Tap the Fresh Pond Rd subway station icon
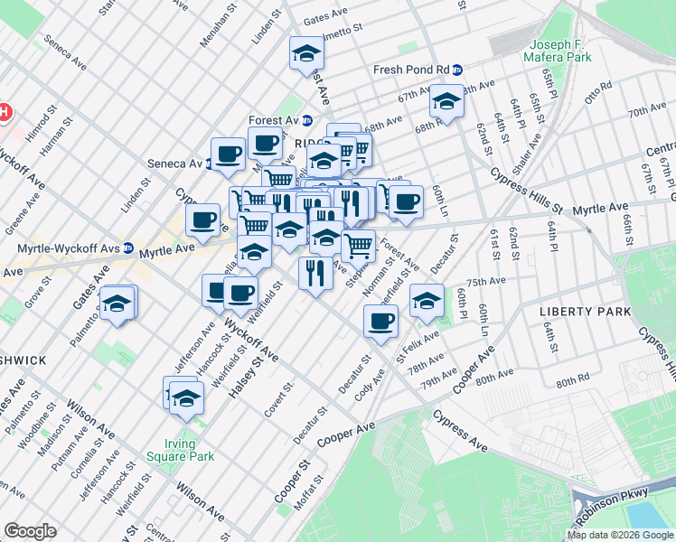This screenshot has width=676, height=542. [x=458, y=70]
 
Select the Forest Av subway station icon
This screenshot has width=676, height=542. [x=307, y=120]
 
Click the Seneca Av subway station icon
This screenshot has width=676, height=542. [x=209, y=164]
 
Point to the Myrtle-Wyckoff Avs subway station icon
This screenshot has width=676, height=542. [x=128, y=248]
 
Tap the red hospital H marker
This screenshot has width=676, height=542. [x=4, y=113]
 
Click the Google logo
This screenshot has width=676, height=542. [x=30, y=530]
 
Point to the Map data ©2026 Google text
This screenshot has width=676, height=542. [x=619, y=535]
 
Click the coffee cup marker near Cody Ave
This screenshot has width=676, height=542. [x=381, y=321]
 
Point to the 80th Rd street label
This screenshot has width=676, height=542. [x=573, y=382]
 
